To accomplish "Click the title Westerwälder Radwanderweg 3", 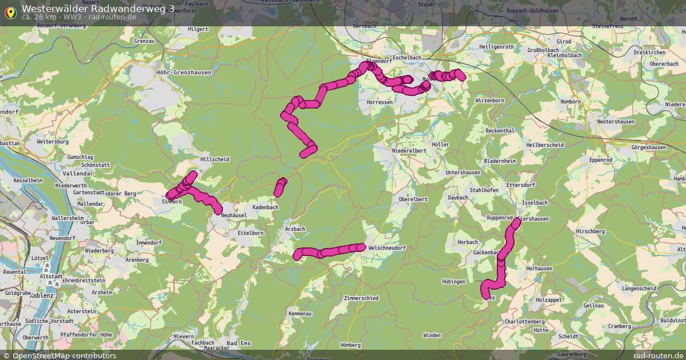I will [98, 8].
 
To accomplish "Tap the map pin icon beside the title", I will [10, 11].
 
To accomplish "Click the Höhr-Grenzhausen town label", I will [184, 73].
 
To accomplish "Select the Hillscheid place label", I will [215, 159].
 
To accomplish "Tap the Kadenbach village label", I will [264, 207].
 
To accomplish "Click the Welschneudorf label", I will [387, 248].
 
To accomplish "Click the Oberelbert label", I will [413, 199].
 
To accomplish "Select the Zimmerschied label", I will [361, 298].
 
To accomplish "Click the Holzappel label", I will [550, 299].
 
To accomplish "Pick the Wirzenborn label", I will [489, 101].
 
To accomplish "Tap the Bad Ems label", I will [239, 343].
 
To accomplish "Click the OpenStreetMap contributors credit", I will [64, 355].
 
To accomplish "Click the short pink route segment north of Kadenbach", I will [280, 187].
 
